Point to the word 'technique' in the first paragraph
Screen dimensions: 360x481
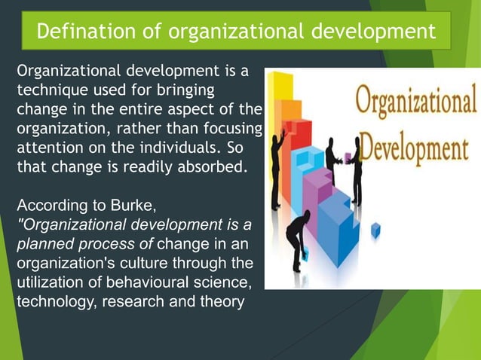coord(50,91)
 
